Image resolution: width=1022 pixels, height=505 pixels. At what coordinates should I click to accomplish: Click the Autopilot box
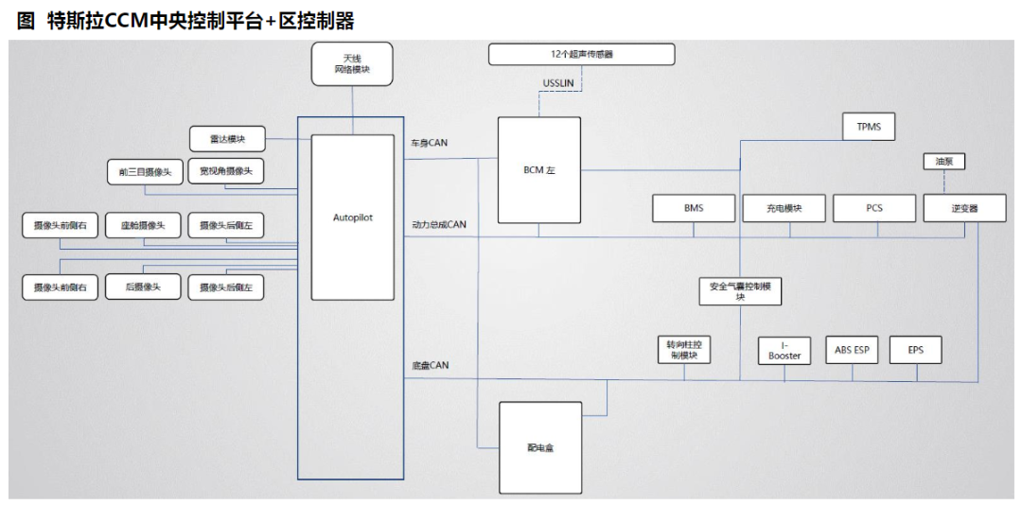click(x=352, y=218)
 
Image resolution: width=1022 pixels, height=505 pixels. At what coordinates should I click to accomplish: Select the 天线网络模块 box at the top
click(x=352, y=64)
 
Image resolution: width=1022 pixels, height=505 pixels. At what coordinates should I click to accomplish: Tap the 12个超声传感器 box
click(x=581, y=54)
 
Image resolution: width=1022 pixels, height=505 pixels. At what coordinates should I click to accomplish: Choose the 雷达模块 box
click(x=227, y=139)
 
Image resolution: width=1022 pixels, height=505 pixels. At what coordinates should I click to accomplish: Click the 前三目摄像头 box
click(x=144, y=171)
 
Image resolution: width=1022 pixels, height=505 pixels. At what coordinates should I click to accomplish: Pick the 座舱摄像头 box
click(x=143, y=225)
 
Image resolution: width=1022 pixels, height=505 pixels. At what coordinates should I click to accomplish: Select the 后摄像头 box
click(x=143, y=287)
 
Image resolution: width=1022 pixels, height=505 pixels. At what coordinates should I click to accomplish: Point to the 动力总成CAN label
click(x=439, y=225)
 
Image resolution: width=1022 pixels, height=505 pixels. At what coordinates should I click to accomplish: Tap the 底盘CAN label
click(x=430, y=364)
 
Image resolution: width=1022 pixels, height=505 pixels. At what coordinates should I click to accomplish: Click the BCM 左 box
click(x=538, y=170)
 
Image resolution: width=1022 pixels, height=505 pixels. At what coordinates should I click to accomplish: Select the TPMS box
click(x=868, y=126)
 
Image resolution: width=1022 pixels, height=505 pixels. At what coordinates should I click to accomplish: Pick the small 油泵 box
click(x=943, y=162)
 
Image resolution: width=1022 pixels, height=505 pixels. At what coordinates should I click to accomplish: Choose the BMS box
click(x=693, y=208)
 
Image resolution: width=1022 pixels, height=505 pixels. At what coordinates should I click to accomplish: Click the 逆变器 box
click(x=963, y=208)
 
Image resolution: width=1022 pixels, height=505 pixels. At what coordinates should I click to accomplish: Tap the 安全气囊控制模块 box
click(x=740, y=290)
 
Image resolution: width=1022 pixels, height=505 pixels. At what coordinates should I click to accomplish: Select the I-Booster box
click(x=784, y=350)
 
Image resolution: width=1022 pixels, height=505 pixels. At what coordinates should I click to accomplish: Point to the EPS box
click(x=915, y=350)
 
